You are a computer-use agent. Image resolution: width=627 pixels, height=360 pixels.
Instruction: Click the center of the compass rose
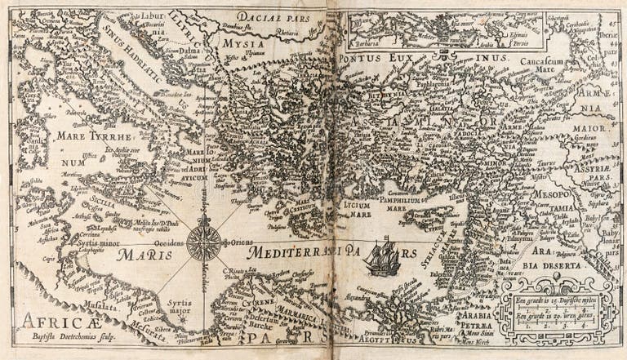pos(203,242)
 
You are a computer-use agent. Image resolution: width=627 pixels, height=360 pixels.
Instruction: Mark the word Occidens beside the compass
pos(168,242)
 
